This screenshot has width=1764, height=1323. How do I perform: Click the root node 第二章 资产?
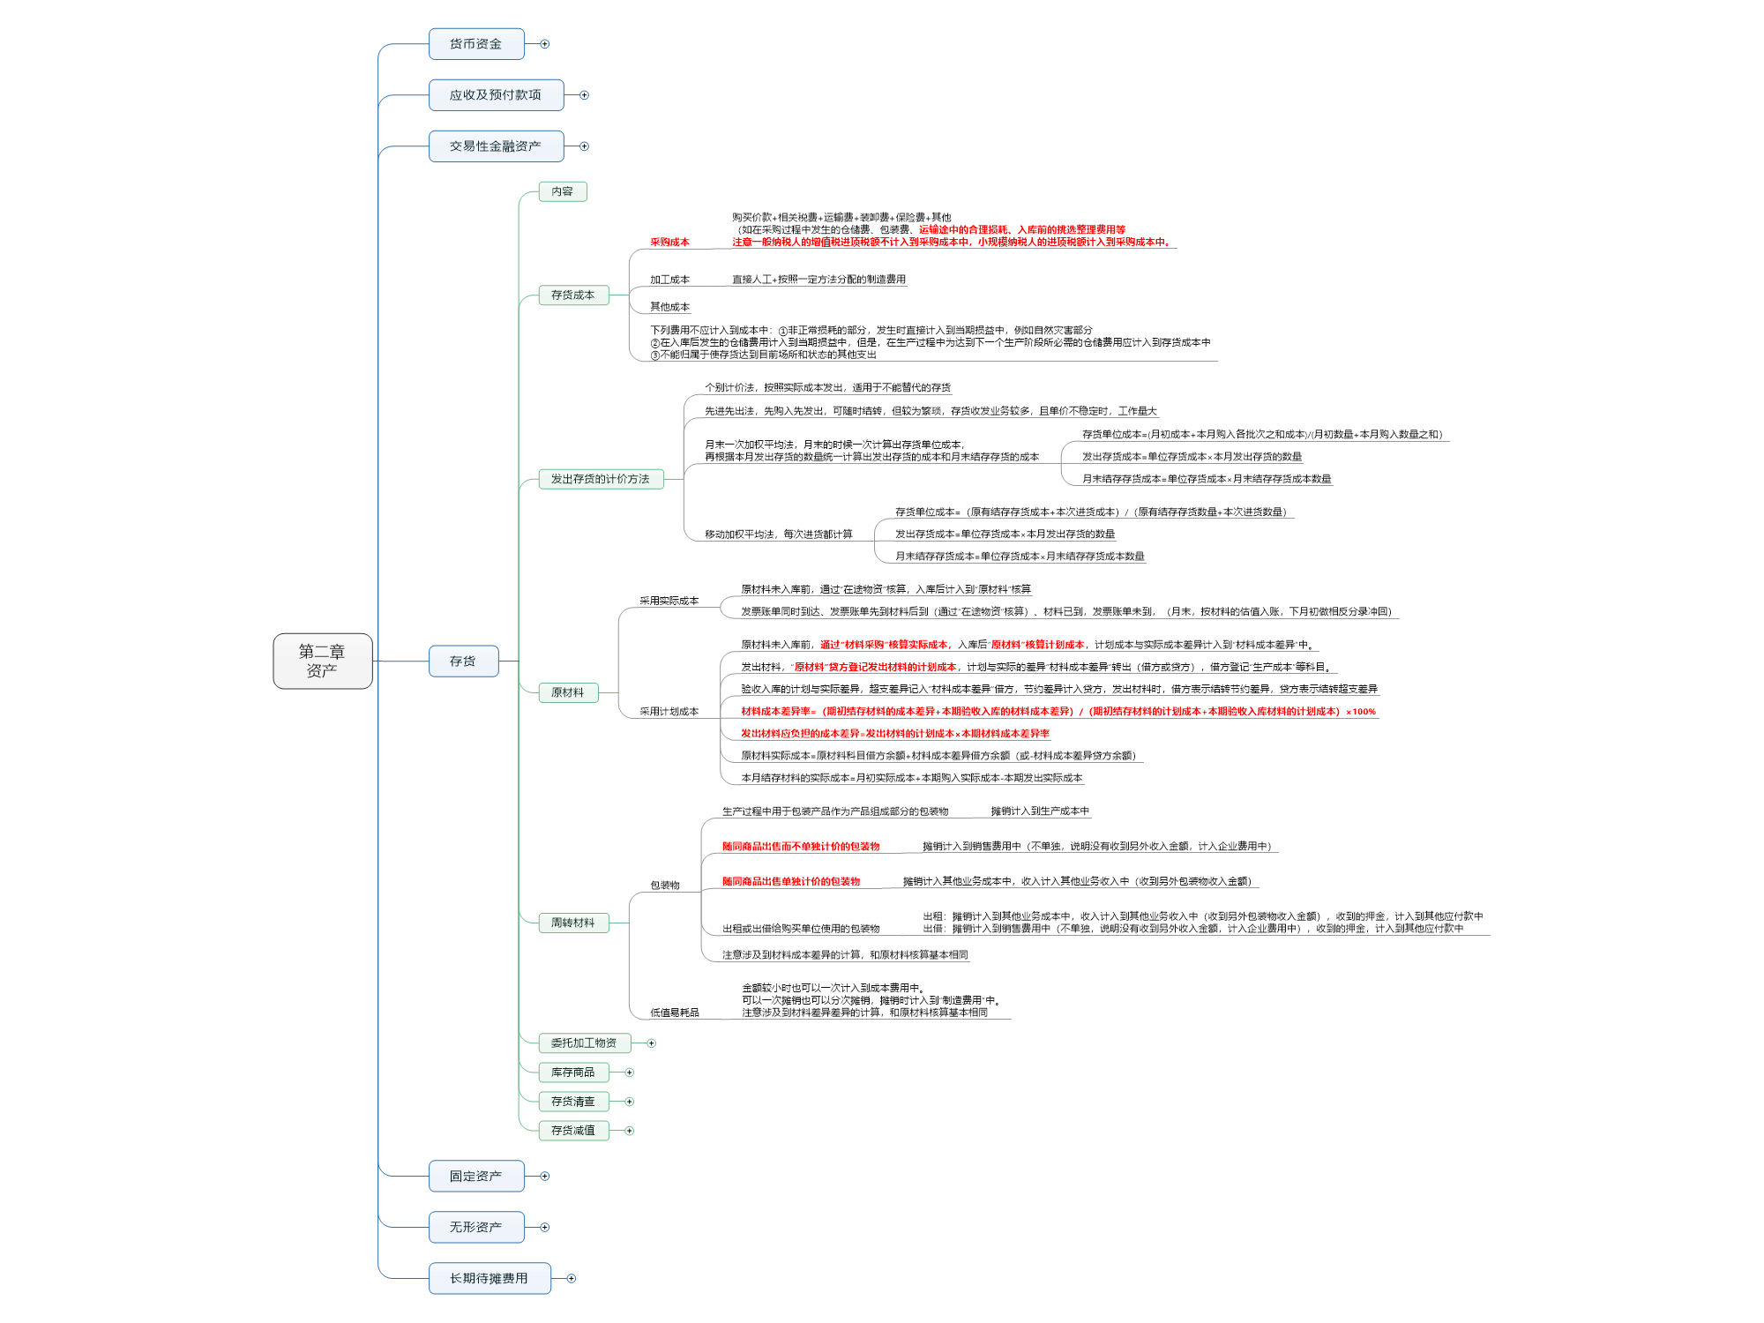(x=322, y=661)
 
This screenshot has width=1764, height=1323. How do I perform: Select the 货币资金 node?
(x=476, y=44)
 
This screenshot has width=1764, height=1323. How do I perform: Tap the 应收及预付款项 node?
(x=496, y=95)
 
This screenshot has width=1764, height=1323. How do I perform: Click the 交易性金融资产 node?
(x=496, y=146)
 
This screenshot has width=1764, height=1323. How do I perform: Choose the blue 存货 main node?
(x=463, y=661)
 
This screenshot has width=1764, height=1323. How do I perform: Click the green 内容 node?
(x=563, y=191)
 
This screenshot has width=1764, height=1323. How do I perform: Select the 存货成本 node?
(x=573, y=295)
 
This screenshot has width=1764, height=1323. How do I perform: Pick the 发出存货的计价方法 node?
(x=601, y=479)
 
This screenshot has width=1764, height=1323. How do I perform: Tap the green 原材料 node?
(x=568, y=692)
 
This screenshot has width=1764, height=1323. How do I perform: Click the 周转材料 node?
(x=573, y=923)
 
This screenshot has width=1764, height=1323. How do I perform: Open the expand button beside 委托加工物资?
(x=652, y=1043)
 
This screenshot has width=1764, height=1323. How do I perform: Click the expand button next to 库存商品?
(x=630, y=1073)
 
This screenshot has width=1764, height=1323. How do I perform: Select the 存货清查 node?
(x=573, y=1102)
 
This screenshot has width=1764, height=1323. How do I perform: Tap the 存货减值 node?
(x=573, y=1130)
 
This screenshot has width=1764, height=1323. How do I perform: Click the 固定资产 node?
(x=476, y=1176)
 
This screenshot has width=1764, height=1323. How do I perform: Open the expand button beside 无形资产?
(x=545, y=1227)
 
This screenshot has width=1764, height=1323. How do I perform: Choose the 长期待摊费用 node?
(x=490, y=1278)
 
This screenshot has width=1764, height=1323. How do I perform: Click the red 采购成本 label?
(x=669, y=242)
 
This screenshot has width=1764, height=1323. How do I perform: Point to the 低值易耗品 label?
(x=675, y=1013)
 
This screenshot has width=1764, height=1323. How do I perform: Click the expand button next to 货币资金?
(x=545, y=44)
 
